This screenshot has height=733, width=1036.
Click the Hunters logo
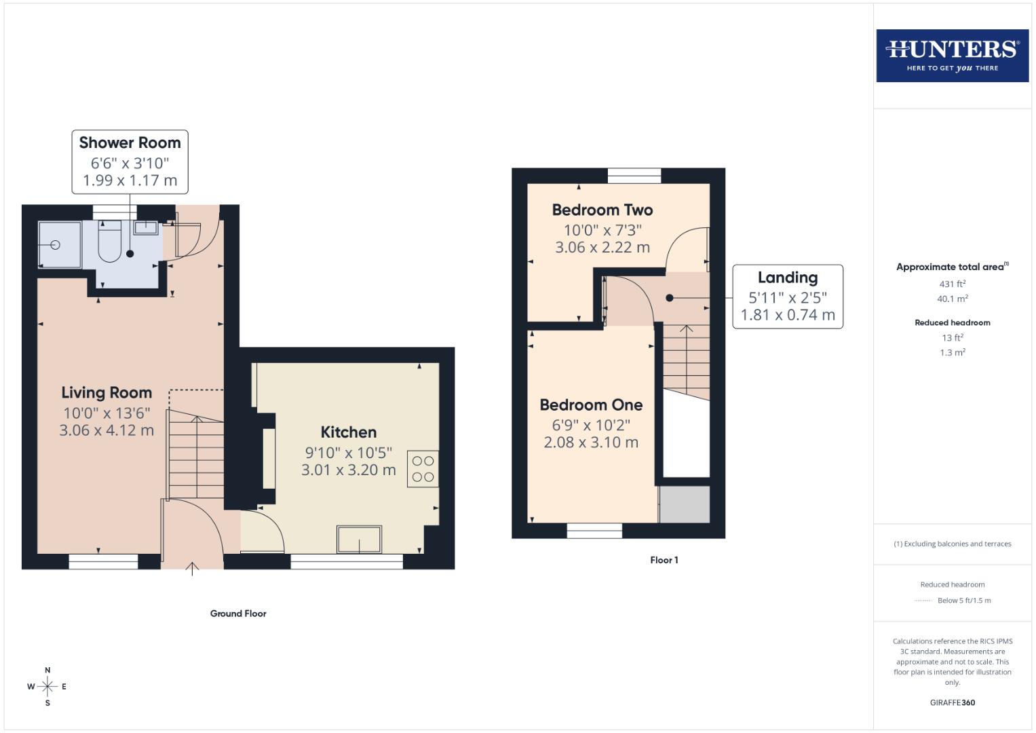tap(952, 56)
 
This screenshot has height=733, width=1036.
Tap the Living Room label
tap(107, 392)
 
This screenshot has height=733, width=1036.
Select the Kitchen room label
tap(348, 432)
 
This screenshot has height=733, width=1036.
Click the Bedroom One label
tap(591, 405)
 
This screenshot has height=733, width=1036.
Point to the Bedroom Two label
tap(602, 210)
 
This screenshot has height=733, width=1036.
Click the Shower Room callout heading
tap(130, 143)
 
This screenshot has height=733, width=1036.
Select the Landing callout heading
tap(787, 278)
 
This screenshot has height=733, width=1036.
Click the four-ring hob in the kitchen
tap(423, 469)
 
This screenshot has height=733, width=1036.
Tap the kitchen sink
tap(359, 540)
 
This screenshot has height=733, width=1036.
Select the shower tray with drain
tap(59, 244)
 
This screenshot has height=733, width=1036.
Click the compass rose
tap(47, 686)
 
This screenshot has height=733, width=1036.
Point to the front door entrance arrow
tap(192, 569)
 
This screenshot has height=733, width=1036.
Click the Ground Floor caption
tap(238, 614)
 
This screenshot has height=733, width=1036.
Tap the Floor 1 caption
tap(664, 560)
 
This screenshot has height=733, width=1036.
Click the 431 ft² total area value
tap(952, 284)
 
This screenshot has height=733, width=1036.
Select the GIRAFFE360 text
tap(952, 702)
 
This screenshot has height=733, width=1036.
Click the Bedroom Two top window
tap(634, 176)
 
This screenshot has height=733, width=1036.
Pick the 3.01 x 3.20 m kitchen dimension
tap(348, 470)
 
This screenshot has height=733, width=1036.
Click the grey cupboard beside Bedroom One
tap(685, 504)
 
